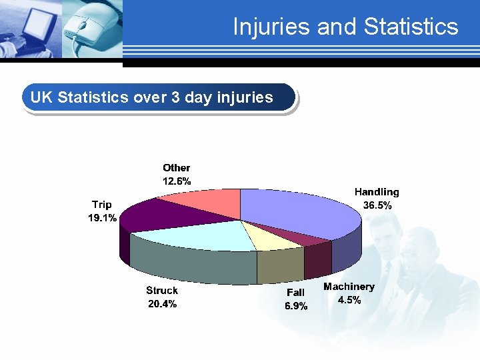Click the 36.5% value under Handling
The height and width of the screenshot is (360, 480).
click(377, 205)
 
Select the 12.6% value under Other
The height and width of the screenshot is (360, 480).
click(177, 181)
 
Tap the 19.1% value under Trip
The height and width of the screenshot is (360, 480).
click(103, 217)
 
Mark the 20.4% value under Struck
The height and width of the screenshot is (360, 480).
click(162, 304)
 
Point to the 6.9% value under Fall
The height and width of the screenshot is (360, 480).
click(296, 306)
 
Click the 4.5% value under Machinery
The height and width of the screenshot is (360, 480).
click(349, 300)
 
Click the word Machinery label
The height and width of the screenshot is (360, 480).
click(349, 287)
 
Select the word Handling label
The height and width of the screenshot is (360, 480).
click(377, 192)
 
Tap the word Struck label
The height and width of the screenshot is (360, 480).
click(162, 291)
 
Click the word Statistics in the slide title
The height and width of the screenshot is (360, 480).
click(411, 27)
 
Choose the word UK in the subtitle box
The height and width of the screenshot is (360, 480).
click(41, 97)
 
